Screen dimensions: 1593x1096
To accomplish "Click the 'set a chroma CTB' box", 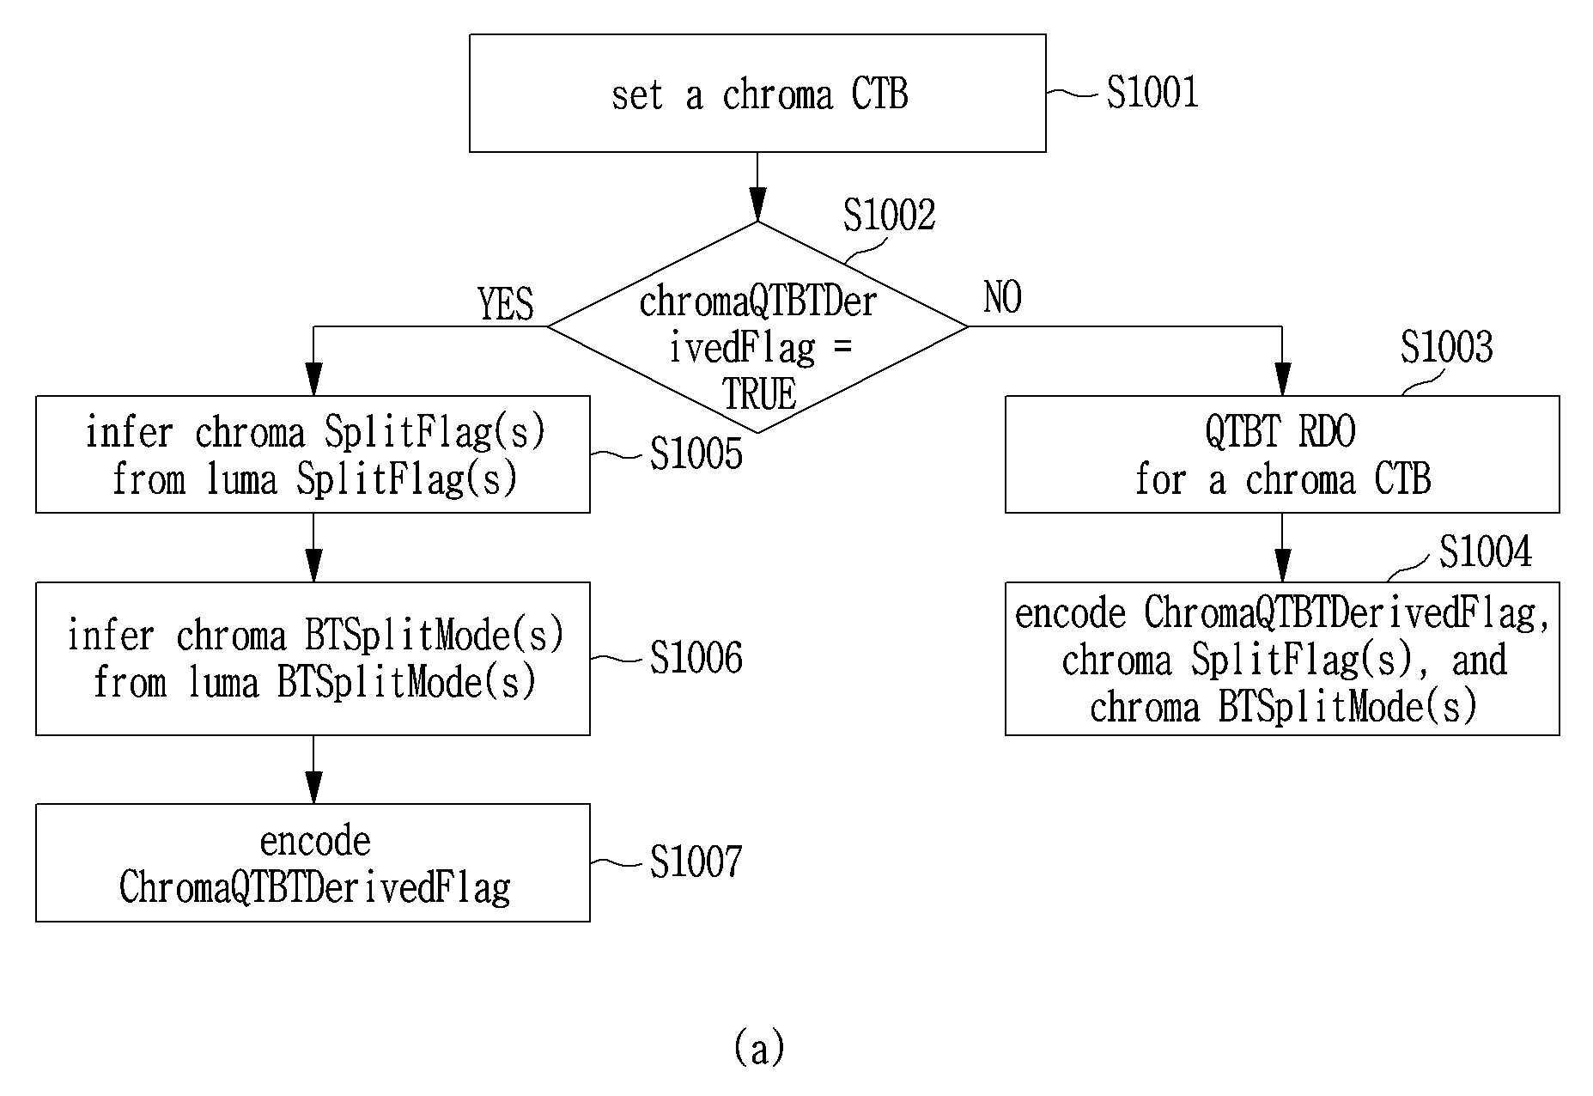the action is point(757,94).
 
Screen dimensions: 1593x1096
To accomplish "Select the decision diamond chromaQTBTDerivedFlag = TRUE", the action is point(757,327).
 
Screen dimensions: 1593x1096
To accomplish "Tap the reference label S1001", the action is point(1152,92).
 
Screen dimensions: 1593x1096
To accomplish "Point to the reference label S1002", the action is point(889,215).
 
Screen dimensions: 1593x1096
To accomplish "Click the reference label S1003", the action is point(1446,347).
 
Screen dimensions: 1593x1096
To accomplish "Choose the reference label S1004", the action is point(1485,551).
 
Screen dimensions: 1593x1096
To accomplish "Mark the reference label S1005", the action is point(696,454).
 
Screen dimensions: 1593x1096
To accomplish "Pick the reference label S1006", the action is point(696,658).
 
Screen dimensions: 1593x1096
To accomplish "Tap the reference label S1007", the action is point(696,862).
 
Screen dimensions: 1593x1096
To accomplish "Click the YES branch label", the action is point(506,304).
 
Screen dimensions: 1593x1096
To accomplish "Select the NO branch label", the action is point(1002,298).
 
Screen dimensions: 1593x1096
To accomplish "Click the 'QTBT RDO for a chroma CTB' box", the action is point(1282,454).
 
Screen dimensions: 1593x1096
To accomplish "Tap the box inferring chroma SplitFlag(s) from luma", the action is point(313,454).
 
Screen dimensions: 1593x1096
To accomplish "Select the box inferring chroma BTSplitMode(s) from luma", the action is point(313,659).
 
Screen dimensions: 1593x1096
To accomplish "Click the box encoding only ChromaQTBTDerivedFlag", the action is point(313,863).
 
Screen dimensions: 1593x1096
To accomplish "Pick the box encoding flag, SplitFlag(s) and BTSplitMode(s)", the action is point(1282,659).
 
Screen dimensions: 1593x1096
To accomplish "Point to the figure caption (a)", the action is point(759,1048).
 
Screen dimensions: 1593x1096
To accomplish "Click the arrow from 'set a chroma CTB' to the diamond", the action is point(757,187).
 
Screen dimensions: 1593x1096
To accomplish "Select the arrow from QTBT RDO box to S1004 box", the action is point(1282,548).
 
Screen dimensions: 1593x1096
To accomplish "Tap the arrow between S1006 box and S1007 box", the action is point(313,770).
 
